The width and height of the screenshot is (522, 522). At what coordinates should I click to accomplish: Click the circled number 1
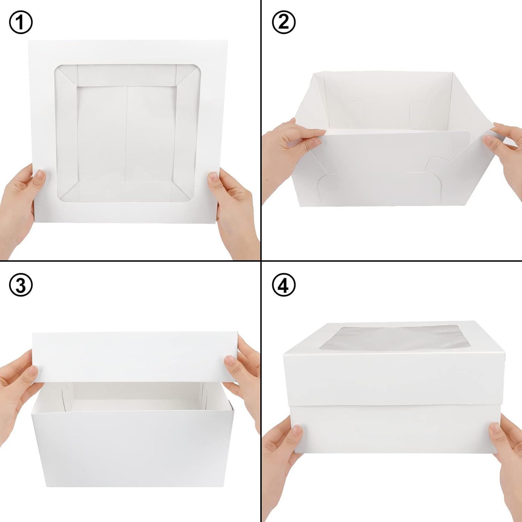[x=21, y=22]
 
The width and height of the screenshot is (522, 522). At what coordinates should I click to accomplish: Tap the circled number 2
[x=284, y=22]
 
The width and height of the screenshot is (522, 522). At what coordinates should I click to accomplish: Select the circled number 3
[x=21, y=285]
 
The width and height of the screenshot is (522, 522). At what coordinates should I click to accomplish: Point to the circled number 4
[x=284, y=285]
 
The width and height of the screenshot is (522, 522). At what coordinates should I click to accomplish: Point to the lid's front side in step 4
[x=376, y=379]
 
